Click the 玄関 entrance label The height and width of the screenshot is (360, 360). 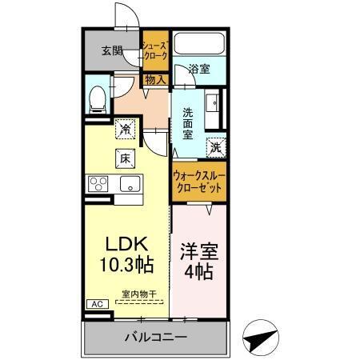tap(112, 51)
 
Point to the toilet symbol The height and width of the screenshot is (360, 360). tap(97, 98)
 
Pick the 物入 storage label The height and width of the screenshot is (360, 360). tap(155, 79)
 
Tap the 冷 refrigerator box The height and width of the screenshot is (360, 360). tap(125, 126)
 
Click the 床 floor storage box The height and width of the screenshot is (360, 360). tap(126, 158)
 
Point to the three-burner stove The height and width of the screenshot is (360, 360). tap(99, 185)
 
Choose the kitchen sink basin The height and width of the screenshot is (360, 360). tap(128, 185)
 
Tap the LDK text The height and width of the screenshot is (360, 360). tap(125, 244)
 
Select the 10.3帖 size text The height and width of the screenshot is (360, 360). tap(125, 264)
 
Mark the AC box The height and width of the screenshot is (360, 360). tap(94, 305)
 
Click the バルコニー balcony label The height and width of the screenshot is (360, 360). tap(155, 336)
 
